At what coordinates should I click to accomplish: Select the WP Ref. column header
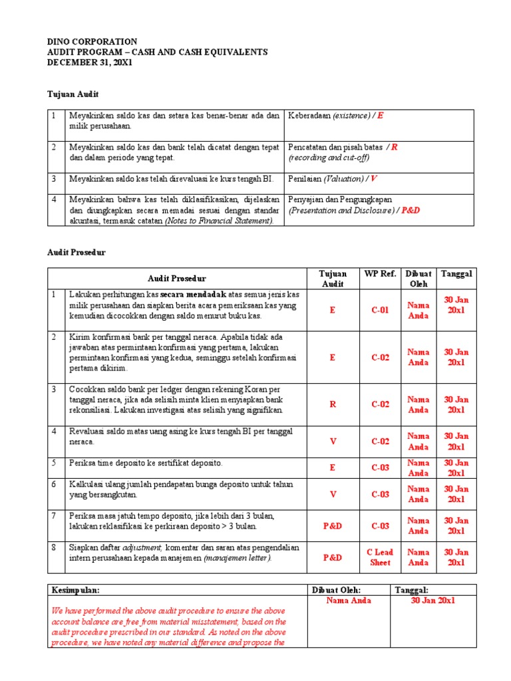click(x=380, y=273)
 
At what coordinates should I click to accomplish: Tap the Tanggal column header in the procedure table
click(x=456, y=273)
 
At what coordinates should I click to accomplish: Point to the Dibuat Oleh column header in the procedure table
click(x=419, y=279)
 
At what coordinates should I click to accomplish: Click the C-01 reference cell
click(x=380, y=310)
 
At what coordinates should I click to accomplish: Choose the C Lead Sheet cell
click(x=380, y=557)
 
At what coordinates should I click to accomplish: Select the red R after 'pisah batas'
click(x=395, y=147)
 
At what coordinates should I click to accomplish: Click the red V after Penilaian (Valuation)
click(x=373, y=179)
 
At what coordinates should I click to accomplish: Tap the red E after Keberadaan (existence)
click(x=380, y=116)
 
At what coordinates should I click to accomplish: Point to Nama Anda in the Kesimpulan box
click(x=349, y=601)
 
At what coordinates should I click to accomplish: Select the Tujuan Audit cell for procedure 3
click(x=333, y=404)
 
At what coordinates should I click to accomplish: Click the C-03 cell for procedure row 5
click(x=380, y=468)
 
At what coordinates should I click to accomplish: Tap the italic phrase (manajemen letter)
click(x=237, y=558)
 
